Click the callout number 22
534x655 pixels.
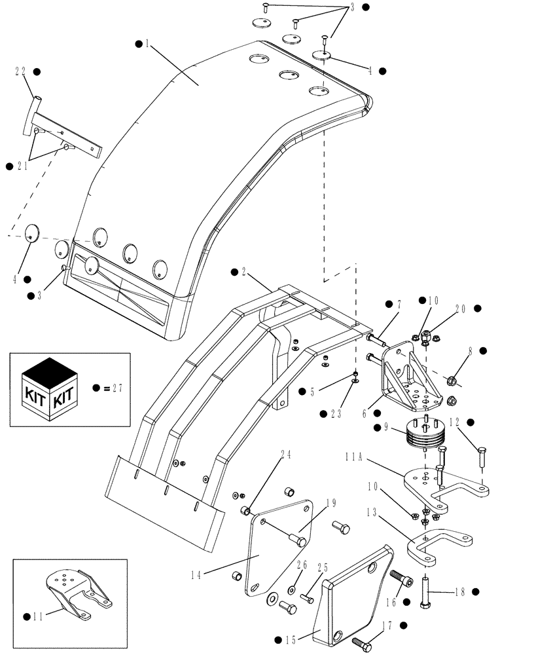pos(20,71)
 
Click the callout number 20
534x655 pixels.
pos(461,308)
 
